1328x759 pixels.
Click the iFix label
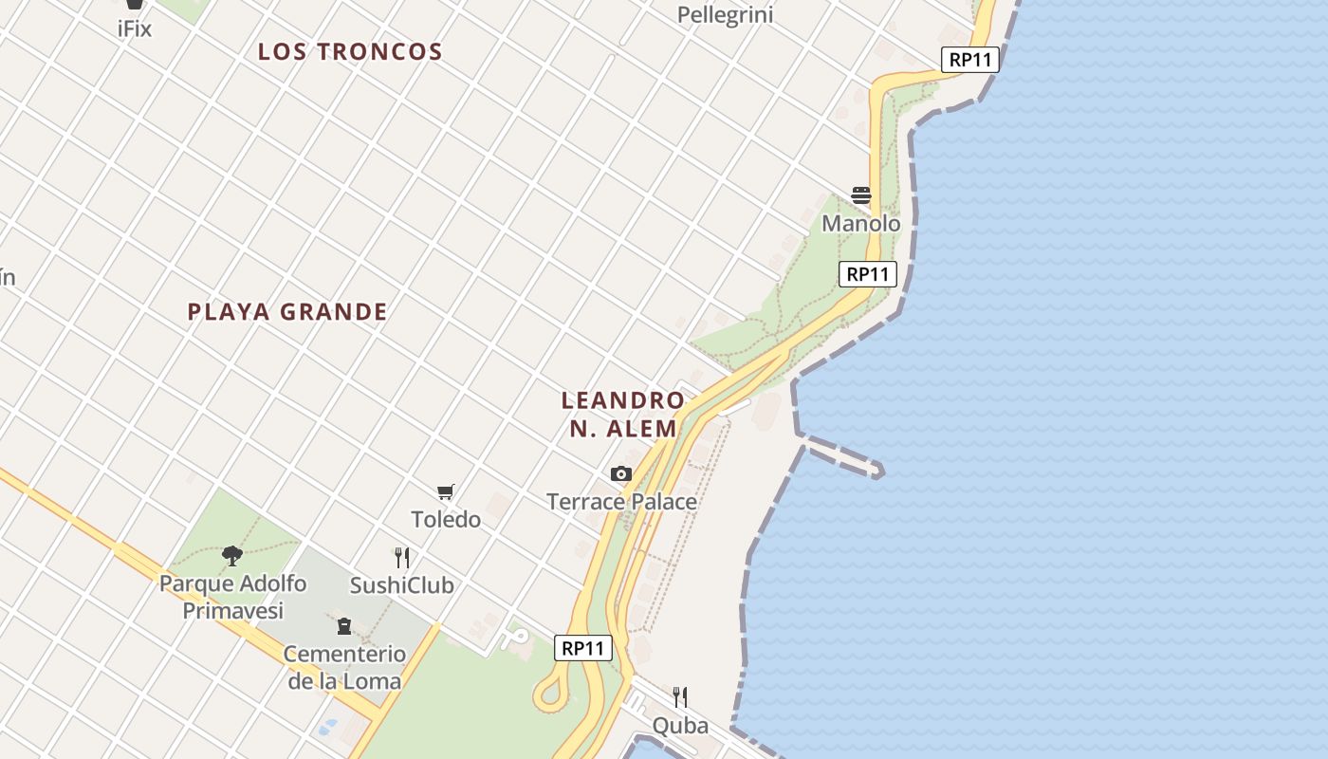(x=134, y=28)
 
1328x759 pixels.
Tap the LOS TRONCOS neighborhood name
(x=350, y=52)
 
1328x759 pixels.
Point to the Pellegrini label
(x=726, y=15)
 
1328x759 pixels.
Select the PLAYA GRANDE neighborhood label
(x=287, y=312)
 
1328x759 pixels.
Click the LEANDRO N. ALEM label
(x=622, y=415)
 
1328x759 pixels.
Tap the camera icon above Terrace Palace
(x=621, y=473)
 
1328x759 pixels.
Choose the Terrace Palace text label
(x=621, y=502)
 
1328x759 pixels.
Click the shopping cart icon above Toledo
(x=446, y=491)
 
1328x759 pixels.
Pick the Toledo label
(x=446, y=520)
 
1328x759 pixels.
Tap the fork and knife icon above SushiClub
(x=402, y=557)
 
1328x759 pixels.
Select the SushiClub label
(x=402, y=585)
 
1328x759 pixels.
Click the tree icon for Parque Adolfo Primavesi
(x=232, y=555)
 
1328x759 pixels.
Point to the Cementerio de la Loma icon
(x=343, y=626)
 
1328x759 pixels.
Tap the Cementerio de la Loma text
(x=344, y=667)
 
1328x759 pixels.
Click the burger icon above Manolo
(x=861, y=195)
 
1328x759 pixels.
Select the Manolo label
(x=861, y=224)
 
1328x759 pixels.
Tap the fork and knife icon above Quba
(x=680, y=697)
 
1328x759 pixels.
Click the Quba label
(x=680, y=726)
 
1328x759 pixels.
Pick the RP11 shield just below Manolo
(x=868, y=274)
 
